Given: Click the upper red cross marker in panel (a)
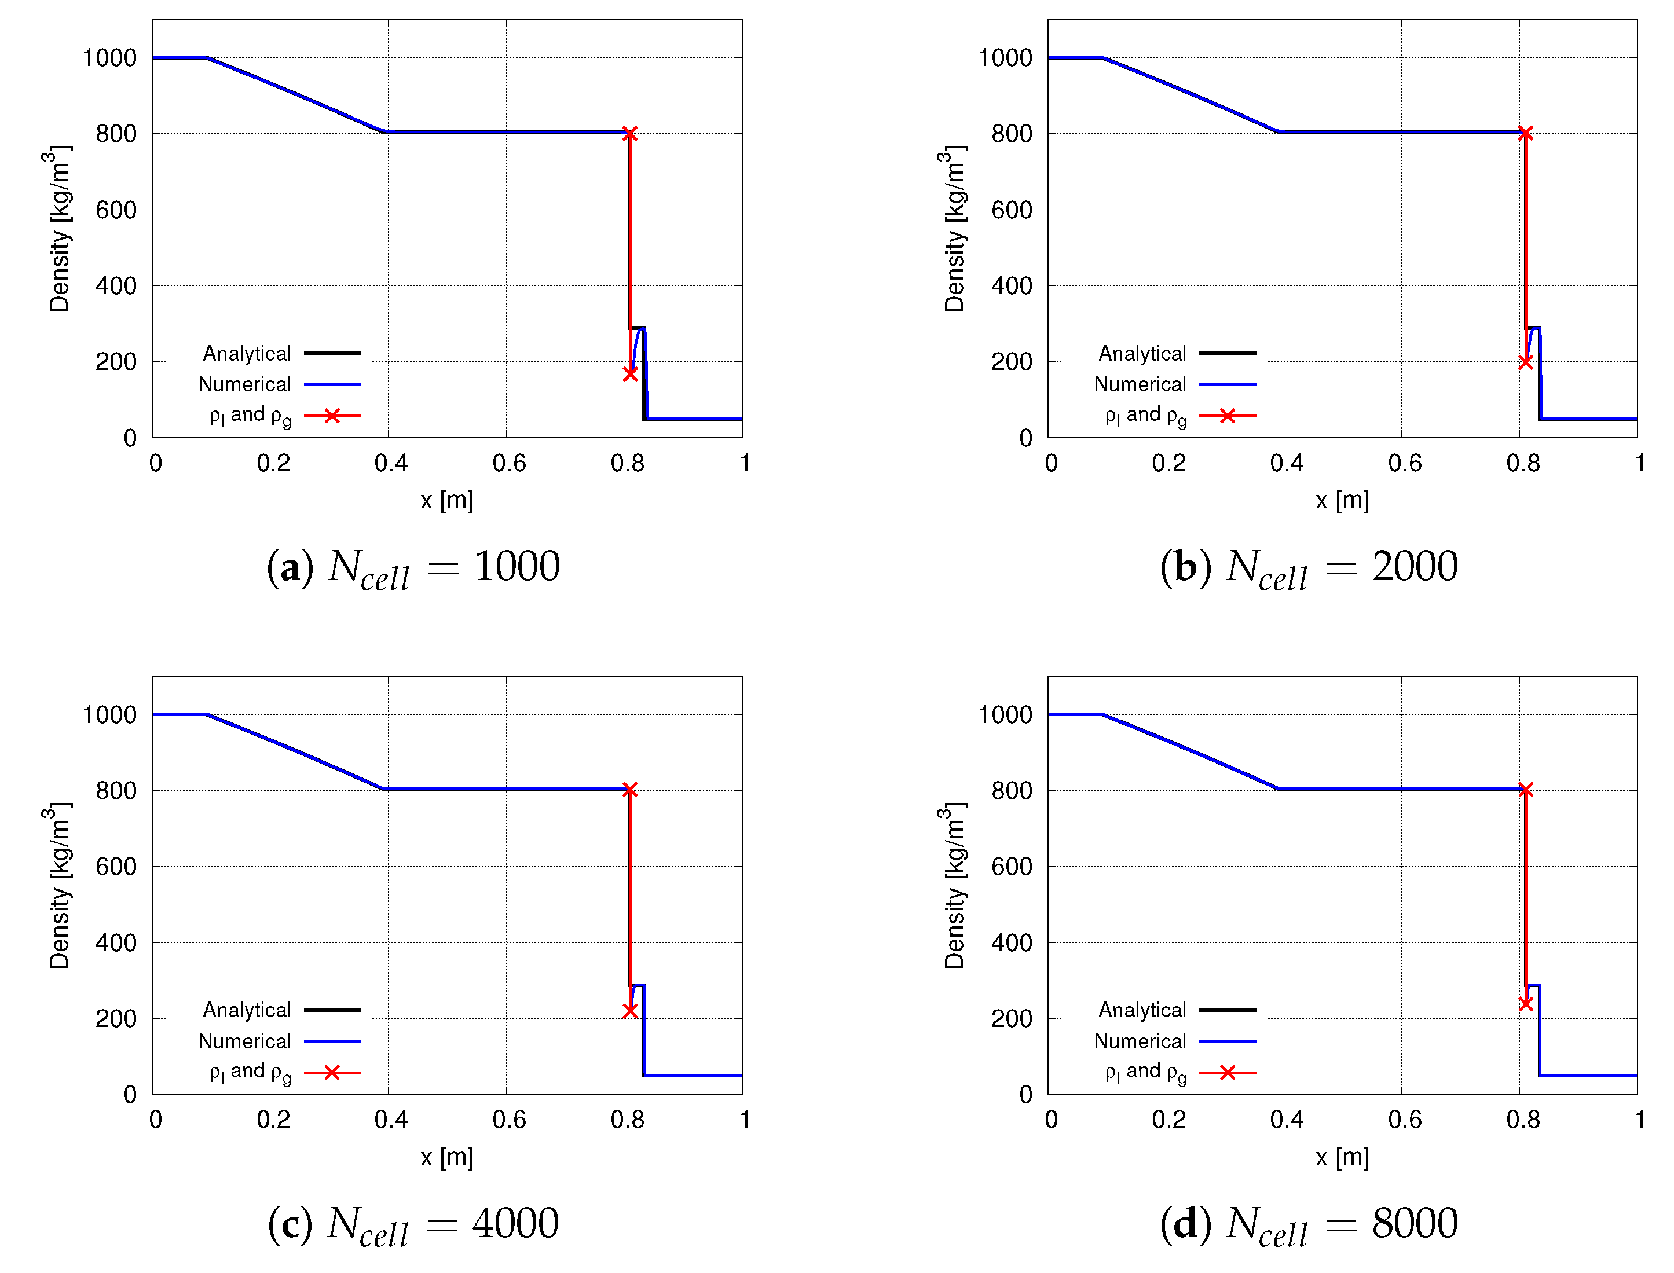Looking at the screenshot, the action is point(630,133).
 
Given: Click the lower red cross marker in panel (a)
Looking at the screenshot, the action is point(630,373).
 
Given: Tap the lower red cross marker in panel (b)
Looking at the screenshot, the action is point(1525,361).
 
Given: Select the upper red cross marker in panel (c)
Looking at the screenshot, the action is point(630,790).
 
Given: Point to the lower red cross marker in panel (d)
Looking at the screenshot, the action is point(1525,1003).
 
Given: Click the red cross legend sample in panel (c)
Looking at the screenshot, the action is point(332,1072).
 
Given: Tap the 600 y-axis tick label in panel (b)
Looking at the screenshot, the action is point(1012,210).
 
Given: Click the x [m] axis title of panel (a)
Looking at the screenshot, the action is point(447,500).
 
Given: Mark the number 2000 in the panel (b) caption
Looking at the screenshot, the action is point(1415,566).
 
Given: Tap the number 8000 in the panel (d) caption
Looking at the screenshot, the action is point(1415,1223).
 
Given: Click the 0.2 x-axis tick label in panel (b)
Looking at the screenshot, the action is point(1168,463).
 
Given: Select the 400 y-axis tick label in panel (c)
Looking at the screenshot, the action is point(116,942).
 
